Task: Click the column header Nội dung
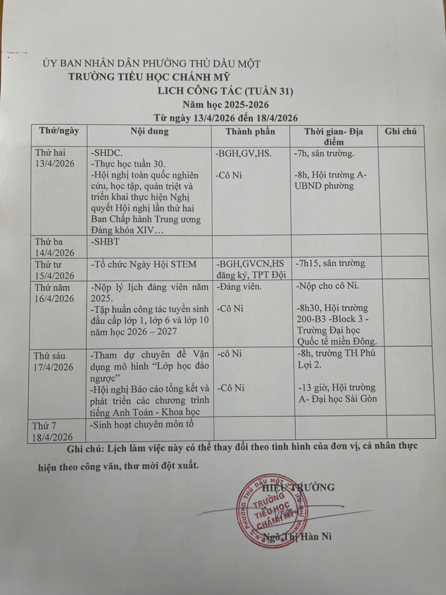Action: (150, 131)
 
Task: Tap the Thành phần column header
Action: (250, 132)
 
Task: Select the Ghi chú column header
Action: (400, 132)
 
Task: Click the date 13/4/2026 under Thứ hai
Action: (54, 164)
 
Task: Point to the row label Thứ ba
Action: (48, 242)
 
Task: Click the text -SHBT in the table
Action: (105, 242)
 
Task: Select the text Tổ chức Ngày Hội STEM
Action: (145, 264)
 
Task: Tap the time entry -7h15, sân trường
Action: (330, 263)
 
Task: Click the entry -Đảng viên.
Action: (239, 286)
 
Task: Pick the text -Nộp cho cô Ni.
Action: (328, 286)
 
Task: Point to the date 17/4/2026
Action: (53, 367)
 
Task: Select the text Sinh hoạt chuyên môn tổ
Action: (142, 424)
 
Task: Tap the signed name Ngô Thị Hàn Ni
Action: (297, 536)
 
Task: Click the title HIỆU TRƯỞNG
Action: (298, 487)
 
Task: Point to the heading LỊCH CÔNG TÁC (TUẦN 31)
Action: (225, 92)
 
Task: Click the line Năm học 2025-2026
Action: (225, 105)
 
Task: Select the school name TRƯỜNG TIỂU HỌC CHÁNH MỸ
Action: (149, 77)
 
